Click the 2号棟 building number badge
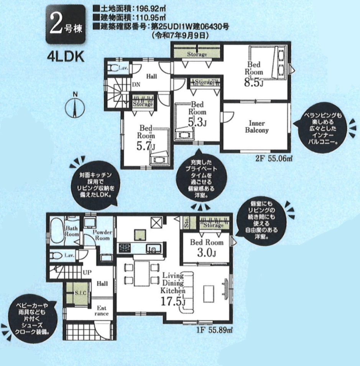coord(66,25)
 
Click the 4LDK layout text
coord(66,57)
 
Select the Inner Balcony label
coord(257,127)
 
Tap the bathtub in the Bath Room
coord(57,231)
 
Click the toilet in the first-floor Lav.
coord(56,256)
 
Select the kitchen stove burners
coord(125,248)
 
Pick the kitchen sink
coord(153,249)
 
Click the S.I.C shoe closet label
coord(81,293)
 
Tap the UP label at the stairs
coord(87,272)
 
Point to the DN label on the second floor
coord(136,84)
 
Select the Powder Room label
coord(102,235)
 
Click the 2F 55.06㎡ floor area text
coord(274,159)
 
